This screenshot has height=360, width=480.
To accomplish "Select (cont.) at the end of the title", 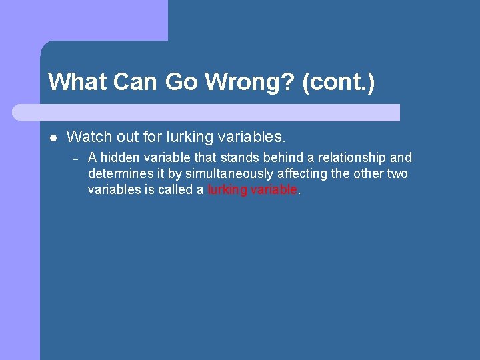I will coord(338,82).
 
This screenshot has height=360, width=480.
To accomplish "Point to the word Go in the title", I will coord(181,82).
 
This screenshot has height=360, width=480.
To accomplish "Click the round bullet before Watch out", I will coord(52,138).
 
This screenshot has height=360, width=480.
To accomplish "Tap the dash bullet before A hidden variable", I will coord(75,159).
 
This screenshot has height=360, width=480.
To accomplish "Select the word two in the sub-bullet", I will coord(397,173).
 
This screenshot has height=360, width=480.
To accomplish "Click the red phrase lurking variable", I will coord(252,189).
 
